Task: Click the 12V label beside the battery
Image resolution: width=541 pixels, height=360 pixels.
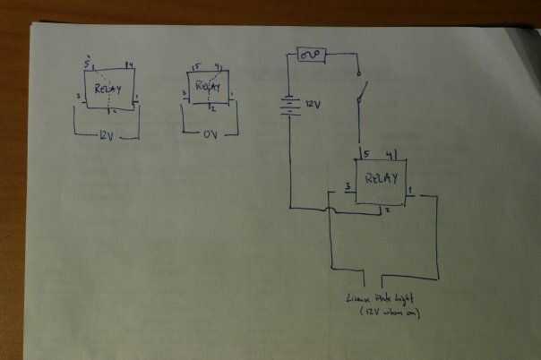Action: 312,106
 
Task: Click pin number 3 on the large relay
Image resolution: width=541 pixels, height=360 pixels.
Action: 347,188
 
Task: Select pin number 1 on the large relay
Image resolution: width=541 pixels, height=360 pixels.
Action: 409,190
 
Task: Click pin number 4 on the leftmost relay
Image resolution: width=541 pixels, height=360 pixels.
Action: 130,64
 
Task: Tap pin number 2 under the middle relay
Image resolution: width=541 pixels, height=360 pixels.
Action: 213,110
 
